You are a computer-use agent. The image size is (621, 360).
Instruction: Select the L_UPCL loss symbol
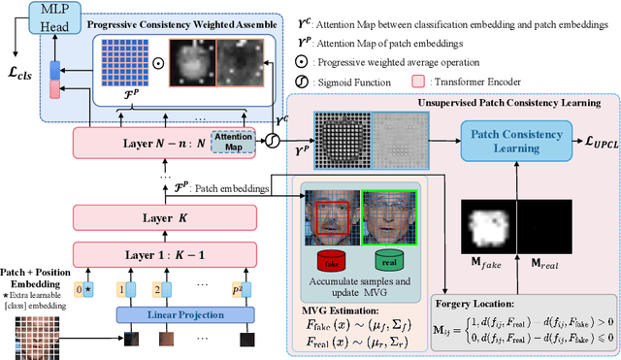(x=590, y=144)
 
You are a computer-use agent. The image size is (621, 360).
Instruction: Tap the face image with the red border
(x=333, y=215)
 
